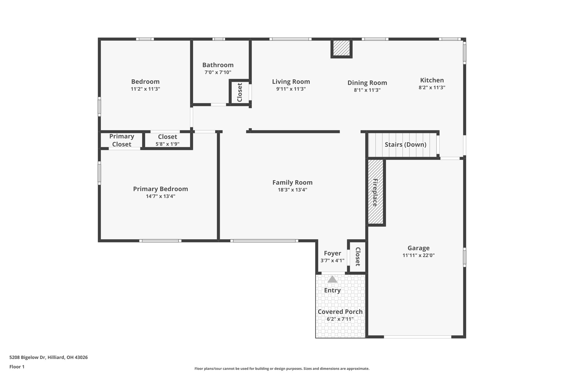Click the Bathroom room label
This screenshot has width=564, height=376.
click(x=218, y=65)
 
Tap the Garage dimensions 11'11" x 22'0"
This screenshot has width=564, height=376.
click(x=418, y=255)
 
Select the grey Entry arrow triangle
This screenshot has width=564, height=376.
click(x=332, y=279)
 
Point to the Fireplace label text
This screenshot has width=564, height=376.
click(x=375, y=193)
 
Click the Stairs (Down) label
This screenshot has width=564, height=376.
click(x=405, y=145)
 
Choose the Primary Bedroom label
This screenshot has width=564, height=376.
click(x=161, y=189)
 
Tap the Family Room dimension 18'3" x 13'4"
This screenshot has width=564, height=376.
click(x=292, y=190)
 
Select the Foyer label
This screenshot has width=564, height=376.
click(x=332, y=253)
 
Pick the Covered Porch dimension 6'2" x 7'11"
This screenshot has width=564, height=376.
click(x=340, y=319)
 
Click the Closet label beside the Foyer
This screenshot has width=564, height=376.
click(x=358, y=257)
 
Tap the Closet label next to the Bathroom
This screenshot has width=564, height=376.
click(x=240, y=92)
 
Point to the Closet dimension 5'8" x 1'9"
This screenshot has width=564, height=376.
click(x=167, y=144)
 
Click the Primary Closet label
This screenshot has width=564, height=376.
click(x=122, y=140)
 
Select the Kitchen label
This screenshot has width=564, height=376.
click(x=432, y=80)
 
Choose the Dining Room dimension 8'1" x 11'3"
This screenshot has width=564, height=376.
click(x=367, y=90)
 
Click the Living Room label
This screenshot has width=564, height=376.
click(x=291, y=82)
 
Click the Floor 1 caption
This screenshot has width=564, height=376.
click(x=17, y=367)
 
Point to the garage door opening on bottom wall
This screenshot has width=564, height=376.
click(x=417, y=337)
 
